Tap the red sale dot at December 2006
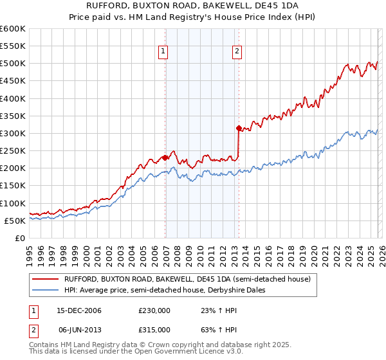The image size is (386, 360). [165, 157]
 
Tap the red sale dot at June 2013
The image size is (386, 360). [239, 128]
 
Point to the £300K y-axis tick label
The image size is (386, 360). [13, 134]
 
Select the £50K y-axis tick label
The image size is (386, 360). [15, 221]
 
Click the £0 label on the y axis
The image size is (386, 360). [21, 238]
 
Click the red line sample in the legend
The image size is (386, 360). [45, 279]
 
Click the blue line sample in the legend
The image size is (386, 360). [45, 290]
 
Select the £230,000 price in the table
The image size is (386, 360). [154, 310]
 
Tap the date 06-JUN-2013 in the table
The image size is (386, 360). [80, 330]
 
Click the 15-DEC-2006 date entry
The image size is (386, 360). [80, 310]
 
